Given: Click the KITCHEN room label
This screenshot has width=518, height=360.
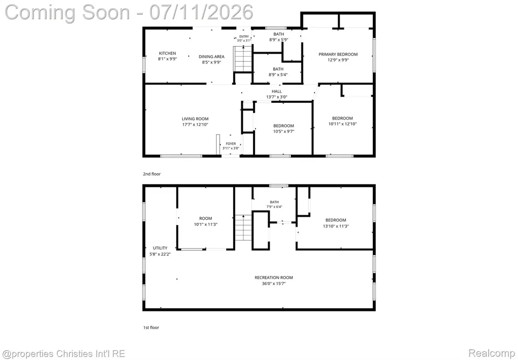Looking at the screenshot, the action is pyautogui.click(x=167, y=53).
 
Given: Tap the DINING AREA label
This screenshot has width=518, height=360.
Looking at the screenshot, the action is pyautogui.click(x=211, y=57).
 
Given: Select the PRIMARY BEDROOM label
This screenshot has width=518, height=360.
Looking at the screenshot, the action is pyautogui.click(x=338, y=54).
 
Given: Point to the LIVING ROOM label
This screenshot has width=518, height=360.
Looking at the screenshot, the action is pyautogui.click(x=195, y=119).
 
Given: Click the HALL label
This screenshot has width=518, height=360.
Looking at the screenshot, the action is pyautogui.click(x=277, y=91).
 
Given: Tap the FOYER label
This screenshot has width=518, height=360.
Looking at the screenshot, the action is pyautogui.click(x=231, y=144).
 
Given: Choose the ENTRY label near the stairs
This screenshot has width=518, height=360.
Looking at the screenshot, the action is pyautogui.click(x=244, y=36).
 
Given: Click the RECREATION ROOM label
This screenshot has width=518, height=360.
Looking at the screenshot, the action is pyautogui.click(x=274, y=277).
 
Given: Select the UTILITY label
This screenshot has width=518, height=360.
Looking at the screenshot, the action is pyautogui.click(x=160, y=248).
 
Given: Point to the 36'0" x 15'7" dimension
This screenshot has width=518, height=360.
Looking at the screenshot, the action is pyautogui.click(x=274, y=284).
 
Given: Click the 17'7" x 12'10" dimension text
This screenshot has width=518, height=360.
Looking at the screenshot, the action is pyautogui.click(x=195, y=125).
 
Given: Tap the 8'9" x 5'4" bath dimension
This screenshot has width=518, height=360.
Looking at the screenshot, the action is pyautogui.click(x=278, y=75).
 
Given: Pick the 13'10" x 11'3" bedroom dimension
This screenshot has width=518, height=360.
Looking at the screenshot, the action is pyautogui.click(x=336, y=226).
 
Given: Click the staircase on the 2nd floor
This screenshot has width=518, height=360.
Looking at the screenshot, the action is pyautogui.click(x=243, y=59).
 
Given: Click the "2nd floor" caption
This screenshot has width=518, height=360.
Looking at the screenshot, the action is pyautogui.click(x=152, y=174).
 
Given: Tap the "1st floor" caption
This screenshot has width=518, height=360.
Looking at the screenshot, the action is pyautogui.click(x=151, y=328).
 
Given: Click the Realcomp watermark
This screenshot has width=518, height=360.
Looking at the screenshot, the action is pyautogui.click(x=492, y=353).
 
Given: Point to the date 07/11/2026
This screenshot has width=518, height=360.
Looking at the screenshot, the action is pyautogui.click(x=201, y=12).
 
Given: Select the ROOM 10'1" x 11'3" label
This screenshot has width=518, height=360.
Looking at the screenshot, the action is pyautogui.click(x=205, y=221).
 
